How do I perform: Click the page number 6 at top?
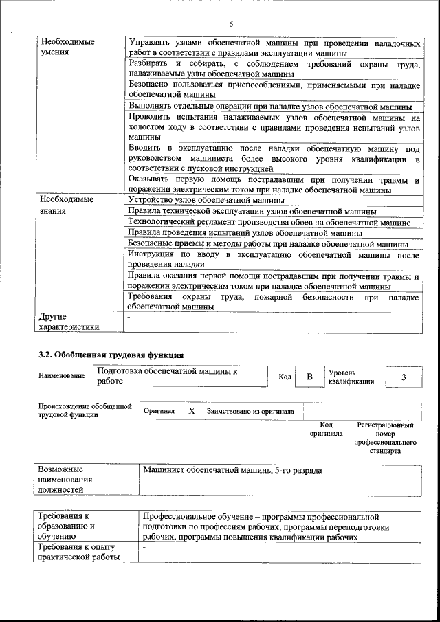point(231,24)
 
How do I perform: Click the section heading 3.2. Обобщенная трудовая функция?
point(110,355)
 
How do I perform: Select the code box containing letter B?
point(309,377)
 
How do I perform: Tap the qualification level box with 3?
point(404,377)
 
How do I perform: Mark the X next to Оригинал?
point(192,411)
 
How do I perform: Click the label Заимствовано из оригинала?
point(251,412)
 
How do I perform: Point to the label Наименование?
point(62,376)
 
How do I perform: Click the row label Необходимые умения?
point(65,47)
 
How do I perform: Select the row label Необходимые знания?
point(65,205)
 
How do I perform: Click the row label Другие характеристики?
point(69,322)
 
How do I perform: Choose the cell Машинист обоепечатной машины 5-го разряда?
point(232,471)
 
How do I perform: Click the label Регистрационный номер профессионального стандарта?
point(385,439)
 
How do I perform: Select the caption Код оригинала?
point(326,430)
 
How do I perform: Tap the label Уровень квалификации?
point(351,377)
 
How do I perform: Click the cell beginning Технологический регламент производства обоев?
point(269,222)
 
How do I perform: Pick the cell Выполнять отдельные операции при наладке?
point(269,107)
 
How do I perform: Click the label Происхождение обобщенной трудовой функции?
point(85,410)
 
